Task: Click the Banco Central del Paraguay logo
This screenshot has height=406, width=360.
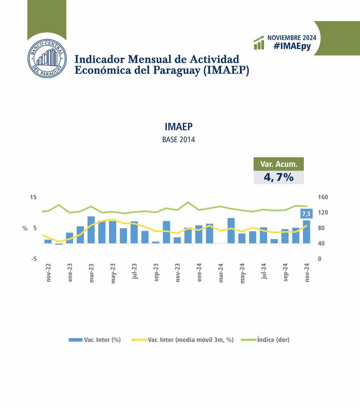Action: pos(47,59)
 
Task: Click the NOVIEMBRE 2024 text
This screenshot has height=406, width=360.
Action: pos(292,37)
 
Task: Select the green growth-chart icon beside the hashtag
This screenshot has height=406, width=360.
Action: pos(259,43)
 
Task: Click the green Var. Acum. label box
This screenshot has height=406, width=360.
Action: pos(279,164)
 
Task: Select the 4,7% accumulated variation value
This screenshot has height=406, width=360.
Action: pos(279,177)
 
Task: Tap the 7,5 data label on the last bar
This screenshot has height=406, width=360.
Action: pos(306,214)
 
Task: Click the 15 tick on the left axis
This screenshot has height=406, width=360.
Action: pos(33,197)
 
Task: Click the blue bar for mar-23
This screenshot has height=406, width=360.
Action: pos(91,230)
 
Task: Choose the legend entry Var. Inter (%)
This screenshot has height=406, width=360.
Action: pos(95,340)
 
